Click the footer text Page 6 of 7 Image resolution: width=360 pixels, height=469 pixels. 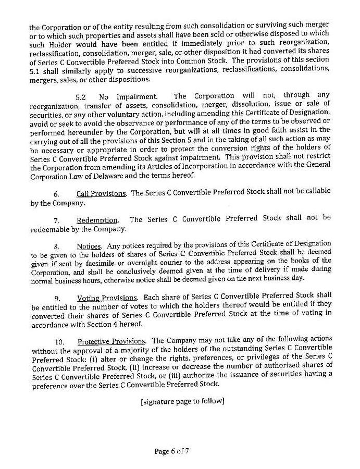click(171, 451)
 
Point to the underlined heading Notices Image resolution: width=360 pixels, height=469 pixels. click(89, 245)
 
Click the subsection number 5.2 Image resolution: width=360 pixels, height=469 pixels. click(81, 96)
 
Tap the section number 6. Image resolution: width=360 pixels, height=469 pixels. click(56, 194)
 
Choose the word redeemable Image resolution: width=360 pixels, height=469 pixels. click(51, 229)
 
